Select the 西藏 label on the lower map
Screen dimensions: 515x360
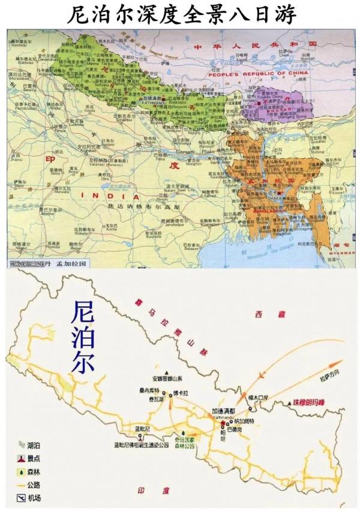260,314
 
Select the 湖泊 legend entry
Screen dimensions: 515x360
35,445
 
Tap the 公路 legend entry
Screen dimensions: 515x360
35,486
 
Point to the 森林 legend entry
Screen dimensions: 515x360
35,472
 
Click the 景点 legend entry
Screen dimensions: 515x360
35,458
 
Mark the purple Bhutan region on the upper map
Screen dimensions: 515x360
282,102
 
